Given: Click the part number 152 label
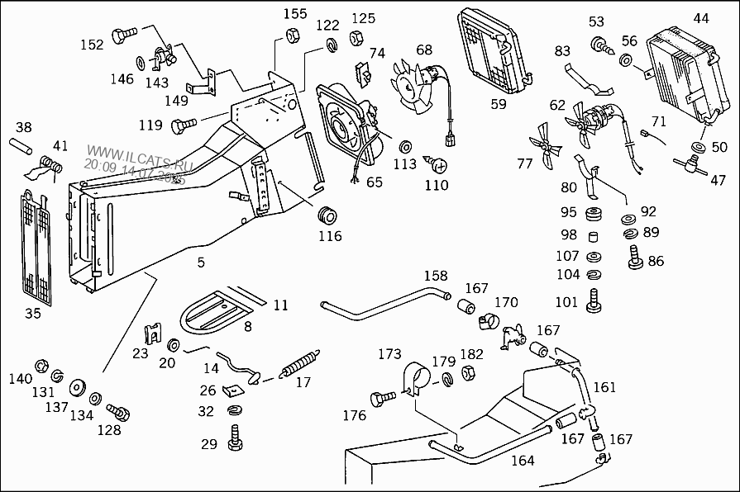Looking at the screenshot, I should [93, 45].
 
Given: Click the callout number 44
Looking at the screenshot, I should [700, 18].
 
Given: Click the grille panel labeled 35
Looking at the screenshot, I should [37, 246].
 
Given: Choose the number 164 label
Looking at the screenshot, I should [523, 461].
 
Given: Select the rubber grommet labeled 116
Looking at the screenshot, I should [327, 215].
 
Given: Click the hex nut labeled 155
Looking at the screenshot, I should [293, 35].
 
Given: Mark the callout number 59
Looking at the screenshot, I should [498, 104].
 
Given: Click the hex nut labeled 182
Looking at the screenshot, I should [465, 373].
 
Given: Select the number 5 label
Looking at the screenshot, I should [201, 263].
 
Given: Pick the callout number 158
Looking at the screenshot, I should [436, 275].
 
